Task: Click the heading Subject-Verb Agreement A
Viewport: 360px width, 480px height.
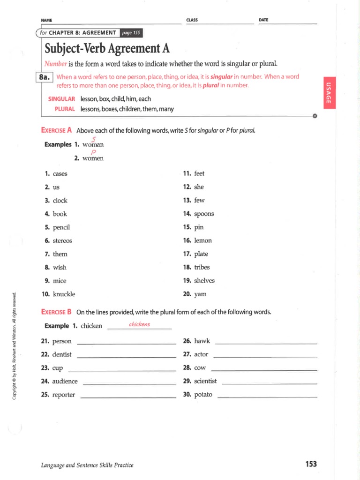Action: [x=107, y=48]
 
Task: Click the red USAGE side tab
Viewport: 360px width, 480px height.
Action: [x=329, y=92]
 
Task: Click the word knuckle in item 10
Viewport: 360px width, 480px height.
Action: [x=64, y=294]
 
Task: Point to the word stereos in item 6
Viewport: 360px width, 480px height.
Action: [x=62, y=240]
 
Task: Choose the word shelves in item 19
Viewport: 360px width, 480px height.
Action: [x=204, y=281]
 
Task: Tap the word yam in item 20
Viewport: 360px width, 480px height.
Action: [x=200, y=294]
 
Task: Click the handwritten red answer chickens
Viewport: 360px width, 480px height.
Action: [x=139, y=324]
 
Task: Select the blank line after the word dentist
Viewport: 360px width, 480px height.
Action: [x=126, y=357]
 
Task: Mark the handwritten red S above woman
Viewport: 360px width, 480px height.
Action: [x=94, y=138]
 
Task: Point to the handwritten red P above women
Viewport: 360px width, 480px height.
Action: [x=93, y=152]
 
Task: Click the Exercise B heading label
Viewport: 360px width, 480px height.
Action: [x=56, y=312]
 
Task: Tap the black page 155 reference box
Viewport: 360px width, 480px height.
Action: [x=131, y=33]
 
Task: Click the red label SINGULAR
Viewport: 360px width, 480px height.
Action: [x=62, y=99]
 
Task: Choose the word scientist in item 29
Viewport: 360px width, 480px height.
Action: [x=205, y=381]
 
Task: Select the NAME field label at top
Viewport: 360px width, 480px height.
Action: [x=46, y=20]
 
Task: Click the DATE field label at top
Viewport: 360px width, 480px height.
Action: [x=263, y=20]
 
